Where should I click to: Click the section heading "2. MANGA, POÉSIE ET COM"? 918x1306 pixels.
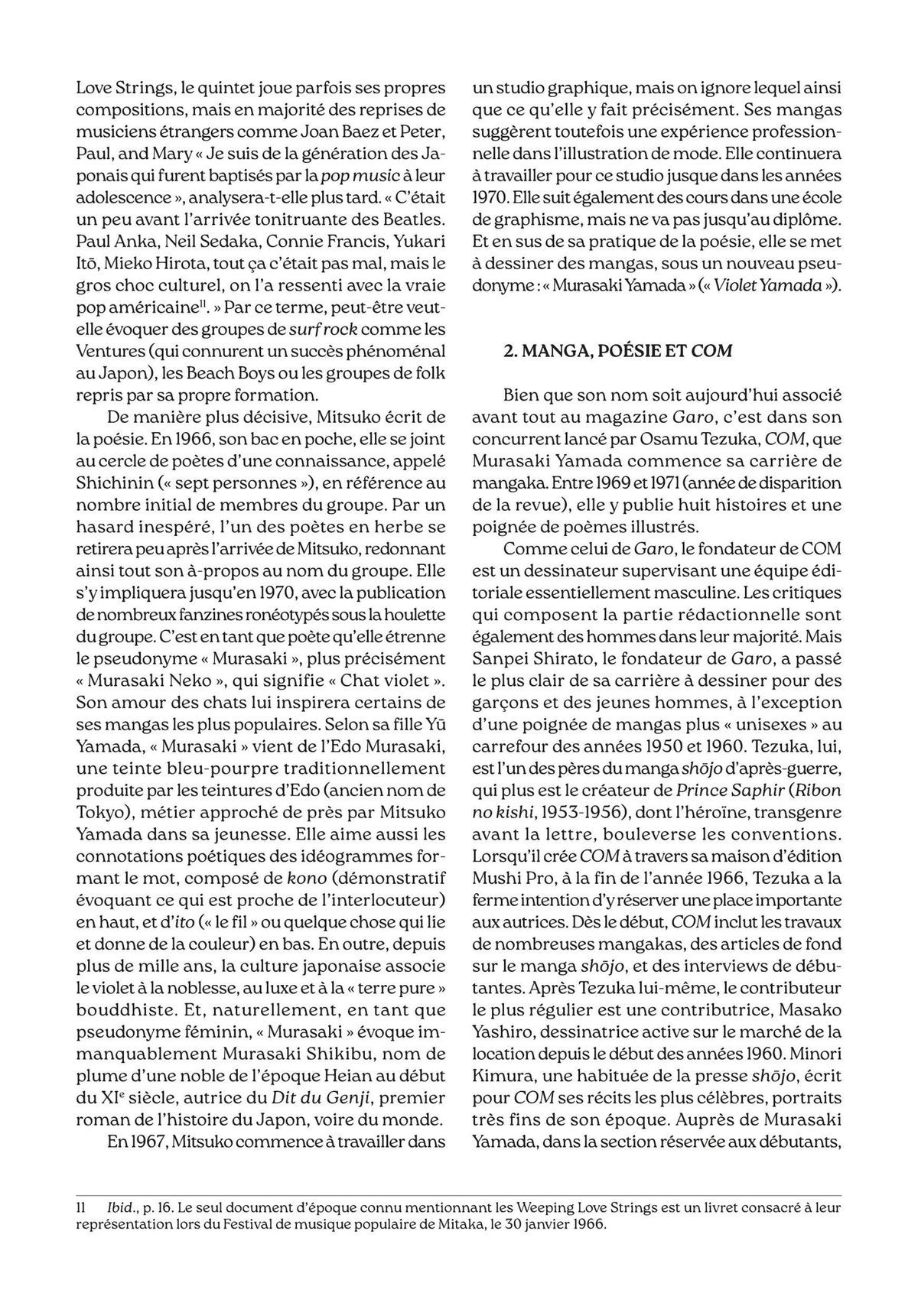pyautogui.click(x=617, y=351)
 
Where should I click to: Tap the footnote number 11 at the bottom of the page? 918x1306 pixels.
pyautogui.click(x=80, y=1207)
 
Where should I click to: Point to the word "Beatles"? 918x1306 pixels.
pyautogui.click(x=414, y=220)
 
